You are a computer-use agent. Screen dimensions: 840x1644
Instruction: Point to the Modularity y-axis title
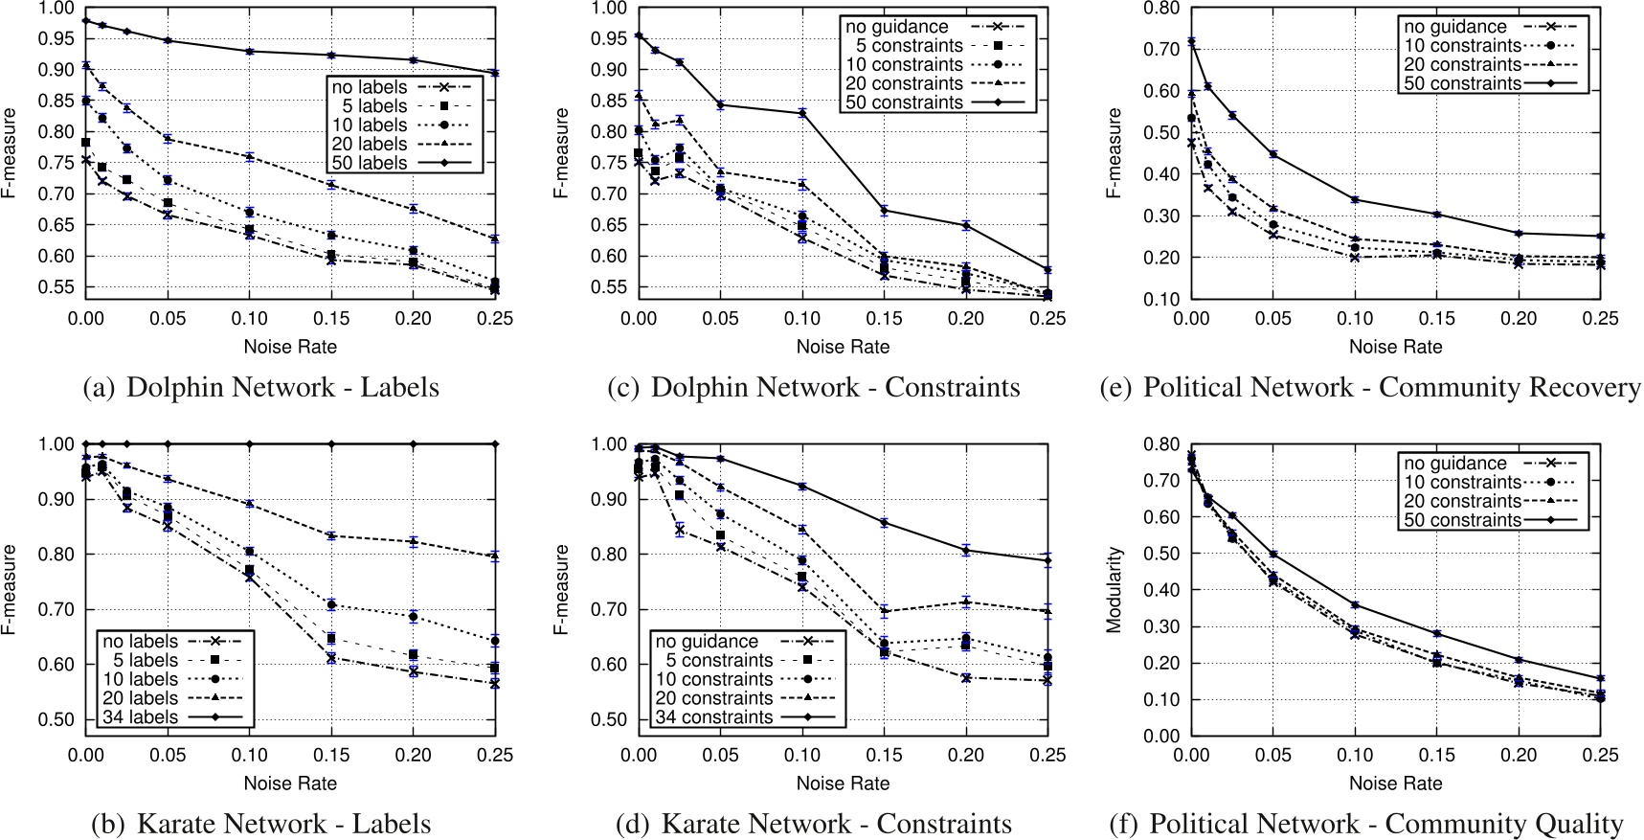click(1114, 590)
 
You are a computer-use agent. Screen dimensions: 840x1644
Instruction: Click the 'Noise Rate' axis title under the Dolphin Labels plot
click(290, 347)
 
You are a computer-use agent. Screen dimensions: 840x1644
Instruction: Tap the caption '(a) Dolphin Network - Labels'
click(261, 388)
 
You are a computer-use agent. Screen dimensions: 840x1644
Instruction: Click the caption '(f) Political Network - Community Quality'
click(1366, 825)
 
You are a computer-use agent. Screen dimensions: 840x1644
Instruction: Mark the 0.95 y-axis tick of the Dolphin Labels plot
click(56, 38)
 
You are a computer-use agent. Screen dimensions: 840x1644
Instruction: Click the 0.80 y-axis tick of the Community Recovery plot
click(1162, 9)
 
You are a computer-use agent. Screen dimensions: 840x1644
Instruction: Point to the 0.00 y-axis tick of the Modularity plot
click(1162, 736)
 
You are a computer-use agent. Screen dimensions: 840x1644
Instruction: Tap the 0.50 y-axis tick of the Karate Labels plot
click(56, 719)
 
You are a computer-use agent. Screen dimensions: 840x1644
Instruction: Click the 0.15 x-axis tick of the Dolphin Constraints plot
click(884, 319)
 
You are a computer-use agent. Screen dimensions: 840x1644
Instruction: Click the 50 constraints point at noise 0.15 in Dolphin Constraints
click(884, 210)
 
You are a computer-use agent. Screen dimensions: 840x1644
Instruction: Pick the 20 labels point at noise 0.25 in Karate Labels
click(495, 556)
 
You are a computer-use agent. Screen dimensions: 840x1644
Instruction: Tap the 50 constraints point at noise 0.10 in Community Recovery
click(1355, 199)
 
